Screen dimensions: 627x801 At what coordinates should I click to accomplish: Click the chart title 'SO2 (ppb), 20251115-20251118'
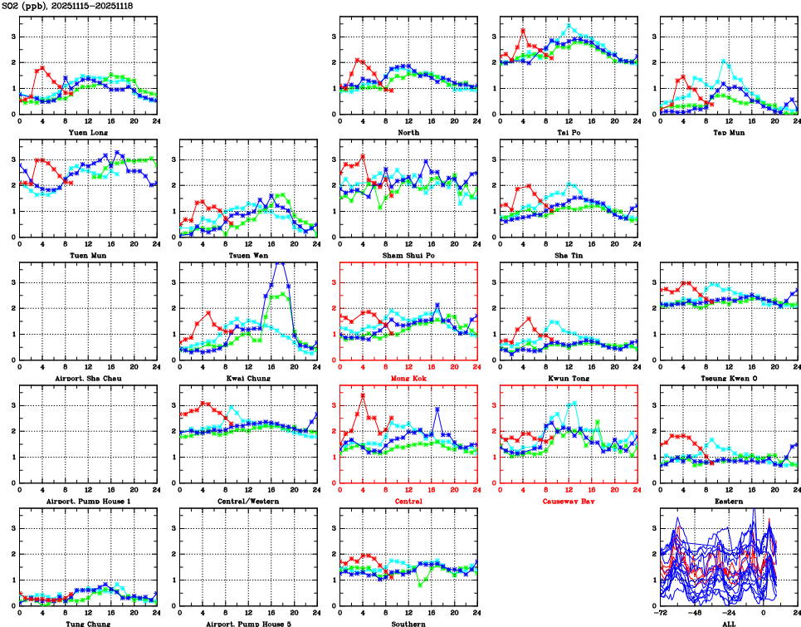click(x=66, y=6)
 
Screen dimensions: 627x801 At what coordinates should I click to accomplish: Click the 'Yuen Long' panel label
click(x=88, y=132)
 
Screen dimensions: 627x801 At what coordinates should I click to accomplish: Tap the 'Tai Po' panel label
click(x=568, y=132)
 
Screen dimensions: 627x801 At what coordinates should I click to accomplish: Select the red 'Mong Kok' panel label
click(x=408, y=378)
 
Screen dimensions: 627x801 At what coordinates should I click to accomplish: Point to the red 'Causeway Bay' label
click(x=568, y=501)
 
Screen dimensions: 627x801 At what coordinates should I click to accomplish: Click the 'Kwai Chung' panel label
click(x=248, y=378)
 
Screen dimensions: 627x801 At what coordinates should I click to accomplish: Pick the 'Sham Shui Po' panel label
click(x=408, y=255)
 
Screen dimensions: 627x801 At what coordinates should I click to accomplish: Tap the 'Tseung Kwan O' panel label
click(x=727, y=378)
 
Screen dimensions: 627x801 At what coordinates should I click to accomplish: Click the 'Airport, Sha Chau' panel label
click(x=88, y=378)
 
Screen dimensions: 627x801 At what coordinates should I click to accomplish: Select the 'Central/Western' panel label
click(x=248, y=501)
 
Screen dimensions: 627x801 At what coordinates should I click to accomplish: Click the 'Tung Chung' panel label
click(x=88, y=624)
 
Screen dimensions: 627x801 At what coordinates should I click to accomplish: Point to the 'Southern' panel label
click(x=408, y=624)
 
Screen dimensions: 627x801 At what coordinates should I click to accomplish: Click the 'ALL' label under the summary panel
click(x=728, y=624)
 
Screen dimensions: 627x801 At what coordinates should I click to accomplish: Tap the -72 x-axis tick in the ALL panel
click(x=661, y=616)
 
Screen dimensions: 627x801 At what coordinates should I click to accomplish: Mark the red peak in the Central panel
click(x=363, y=395)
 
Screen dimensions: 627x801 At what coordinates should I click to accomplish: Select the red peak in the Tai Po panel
click(x=523, y=30)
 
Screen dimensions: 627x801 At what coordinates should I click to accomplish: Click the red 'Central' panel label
click(x=408, y=501)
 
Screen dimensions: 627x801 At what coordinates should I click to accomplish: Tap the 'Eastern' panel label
click(x=727, y=501)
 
